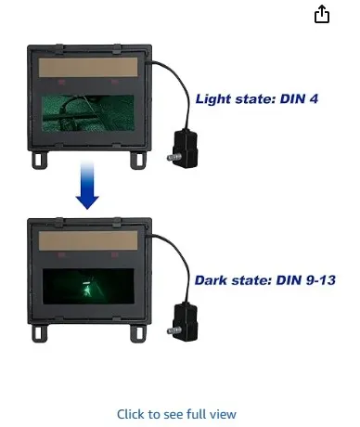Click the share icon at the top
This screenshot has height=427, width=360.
coord(322,15)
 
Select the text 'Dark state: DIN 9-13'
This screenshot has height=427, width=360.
coord(263,279)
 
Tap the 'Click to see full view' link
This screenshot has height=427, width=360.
coord(176,414)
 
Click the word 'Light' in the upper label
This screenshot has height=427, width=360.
coord(211,97)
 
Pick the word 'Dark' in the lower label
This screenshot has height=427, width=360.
coord(211,279)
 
